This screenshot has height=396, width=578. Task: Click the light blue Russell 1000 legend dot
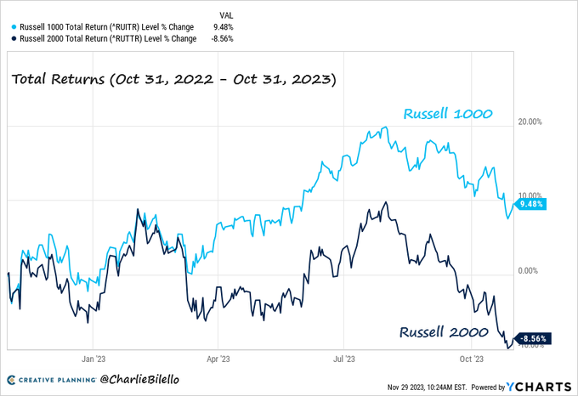pos(13,26)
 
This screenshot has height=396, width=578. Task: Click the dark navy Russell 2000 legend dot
pos(13,38)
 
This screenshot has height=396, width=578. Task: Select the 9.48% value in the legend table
pos(224,26)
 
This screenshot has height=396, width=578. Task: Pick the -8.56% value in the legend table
pos(223,38)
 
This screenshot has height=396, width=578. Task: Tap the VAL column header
pos(227,14)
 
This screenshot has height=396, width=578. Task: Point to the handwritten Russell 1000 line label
pos(448,113)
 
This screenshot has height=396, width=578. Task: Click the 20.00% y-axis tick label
pos(530,122)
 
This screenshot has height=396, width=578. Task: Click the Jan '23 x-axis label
pos(93,359)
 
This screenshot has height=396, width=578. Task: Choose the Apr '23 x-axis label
pos(218,359)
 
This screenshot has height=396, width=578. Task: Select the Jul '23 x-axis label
pos(344,359)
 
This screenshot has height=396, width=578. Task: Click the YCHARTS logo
pos(539,386)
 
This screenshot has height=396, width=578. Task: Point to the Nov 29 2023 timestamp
pos(434,387)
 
